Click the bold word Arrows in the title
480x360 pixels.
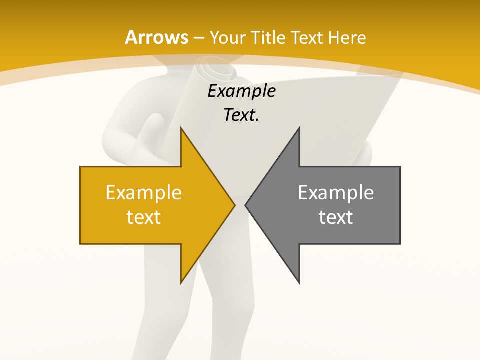click(x=156, y=37)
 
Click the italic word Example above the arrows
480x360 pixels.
click(x=241, y=91)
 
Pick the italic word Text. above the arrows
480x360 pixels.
click(x=241, y=115)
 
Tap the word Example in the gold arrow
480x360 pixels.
click(x=143, y=193)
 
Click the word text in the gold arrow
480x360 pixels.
click(x=143, y=217)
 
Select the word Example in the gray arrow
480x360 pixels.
click(x=336, y=193)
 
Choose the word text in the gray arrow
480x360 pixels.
click(x=336, y=217)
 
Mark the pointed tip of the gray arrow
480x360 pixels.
click(x=246, y=205)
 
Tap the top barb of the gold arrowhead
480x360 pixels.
click(x=181, y=129)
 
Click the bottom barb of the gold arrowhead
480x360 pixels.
click(x=181, y=281)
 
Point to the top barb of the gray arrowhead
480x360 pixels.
click(x=298, y=129)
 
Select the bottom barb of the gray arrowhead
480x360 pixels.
click(x=298, y=281)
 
